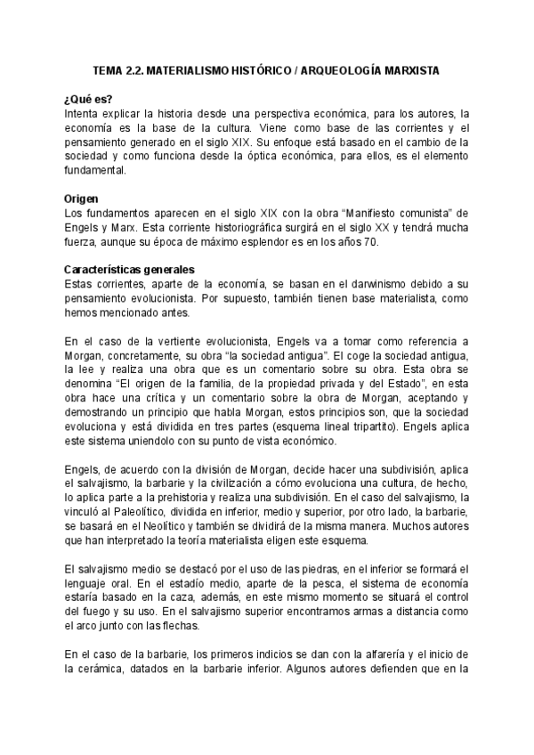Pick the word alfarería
click(376, 656)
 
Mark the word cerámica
click(102, 669)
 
